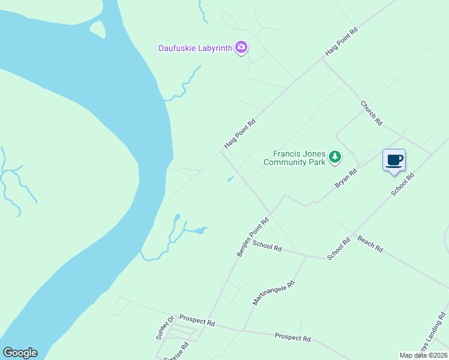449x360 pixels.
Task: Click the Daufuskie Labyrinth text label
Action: point(195,48)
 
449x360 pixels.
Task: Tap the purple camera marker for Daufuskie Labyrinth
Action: point(241,47)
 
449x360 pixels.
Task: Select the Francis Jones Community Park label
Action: point(295,158)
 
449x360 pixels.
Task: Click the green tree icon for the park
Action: point(335,158)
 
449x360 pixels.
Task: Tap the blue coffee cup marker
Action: point(394,161)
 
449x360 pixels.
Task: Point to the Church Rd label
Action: point(371,113)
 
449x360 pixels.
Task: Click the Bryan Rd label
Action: point(346,179)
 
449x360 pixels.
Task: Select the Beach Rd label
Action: point(370,243)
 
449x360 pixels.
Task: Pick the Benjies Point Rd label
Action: point(253,238)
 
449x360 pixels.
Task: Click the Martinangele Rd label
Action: point(274,293)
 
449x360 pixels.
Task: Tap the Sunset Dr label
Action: point(164,328)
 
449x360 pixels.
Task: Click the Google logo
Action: point(20,353)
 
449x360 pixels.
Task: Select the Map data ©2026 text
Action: point(423,355)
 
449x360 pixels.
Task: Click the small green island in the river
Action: point(97,28)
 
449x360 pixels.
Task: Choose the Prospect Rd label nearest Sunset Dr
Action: point(197,322)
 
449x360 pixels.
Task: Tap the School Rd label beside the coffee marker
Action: point(402,185)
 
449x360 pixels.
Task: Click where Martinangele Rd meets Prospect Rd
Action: point(243,329)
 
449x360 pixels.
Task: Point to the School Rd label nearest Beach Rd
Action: point(338,250)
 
